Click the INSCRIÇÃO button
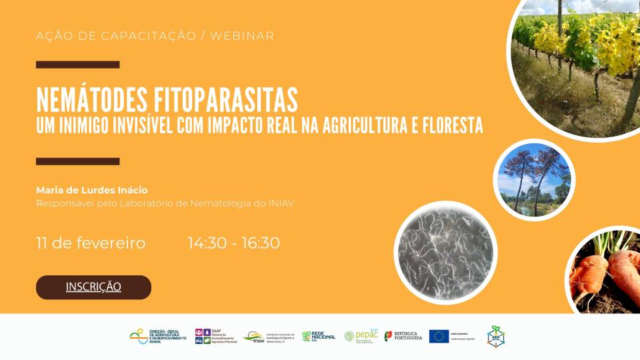(x=93, y=287)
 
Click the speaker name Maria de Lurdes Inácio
(x=92, y=190)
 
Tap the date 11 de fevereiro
(x=91, y=243)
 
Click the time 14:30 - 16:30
(x=234, y=243)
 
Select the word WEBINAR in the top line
(x=242, y=36)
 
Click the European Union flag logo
(x=439, y=337)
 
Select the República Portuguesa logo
(x=403, y=337)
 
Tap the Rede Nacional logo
(x=319, y=337)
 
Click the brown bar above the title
(x=77, y=65)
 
